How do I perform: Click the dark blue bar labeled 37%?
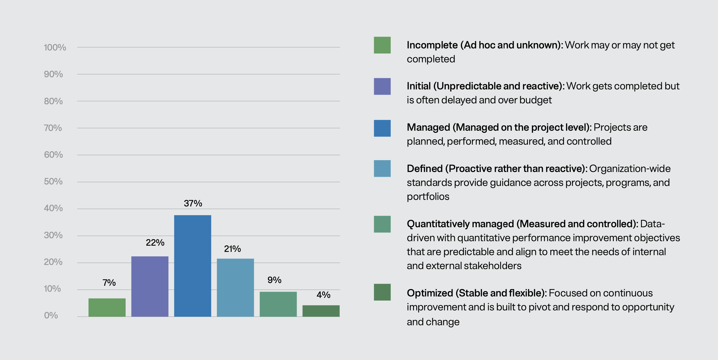pyautogui.click(x=192, y=266)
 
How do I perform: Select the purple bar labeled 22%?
pyautogui.click(x=150, y=286)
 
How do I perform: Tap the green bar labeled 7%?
pyautogui.click(x=107, y=307)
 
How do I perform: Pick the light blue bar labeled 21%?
pyautogui.click(x=235, y=288)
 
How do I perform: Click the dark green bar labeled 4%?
pyautogui.click(x=321, y=311)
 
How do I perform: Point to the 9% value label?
pyautogui.click(x=274, y=280)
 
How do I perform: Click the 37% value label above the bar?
pyautogui.click(x=193, y=203)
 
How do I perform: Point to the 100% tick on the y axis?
pyautogui.click(x=55, y=48)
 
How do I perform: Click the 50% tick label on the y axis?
pyautogui.click(x=53, y=181)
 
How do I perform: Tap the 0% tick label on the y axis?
pyautogui.click(x=51, y=315)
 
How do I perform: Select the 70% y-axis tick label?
pyautogui.click(x=53, y=128)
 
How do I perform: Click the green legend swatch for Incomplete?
pyautogui.click(x=382, y=45)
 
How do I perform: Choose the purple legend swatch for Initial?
pyautogui.click(x=382, y=86)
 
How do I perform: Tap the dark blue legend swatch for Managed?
pyautogui.click(x=382, y=128)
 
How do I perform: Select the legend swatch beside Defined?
pyautogui.click(x=382, y=168)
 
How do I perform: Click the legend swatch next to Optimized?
pyautogui.click(x=382, y=292)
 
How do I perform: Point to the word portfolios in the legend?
pyautogui.click(x=428, y=197)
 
